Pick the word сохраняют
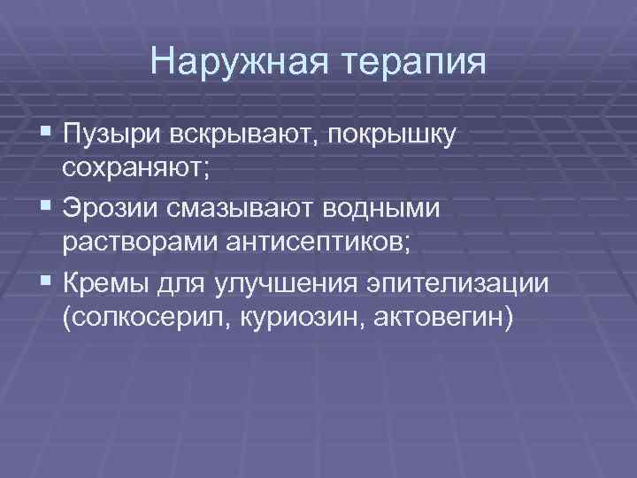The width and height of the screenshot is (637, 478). (x=135, y=169)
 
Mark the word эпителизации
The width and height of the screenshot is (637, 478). (x=477, y=283)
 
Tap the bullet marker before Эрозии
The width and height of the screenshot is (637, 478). (x=46, y=209)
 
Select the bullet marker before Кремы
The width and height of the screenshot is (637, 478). (x=46, y=283)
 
